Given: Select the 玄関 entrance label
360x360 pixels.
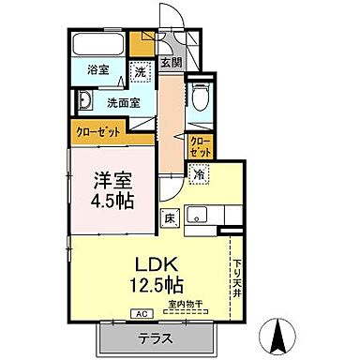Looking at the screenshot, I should click(x=170, y=64).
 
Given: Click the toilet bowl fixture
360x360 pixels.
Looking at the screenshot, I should click(x=201, y=97).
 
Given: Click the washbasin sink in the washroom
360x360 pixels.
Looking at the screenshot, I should click(x=83, y=101).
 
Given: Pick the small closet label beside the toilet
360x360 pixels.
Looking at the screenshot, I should click(x=200, y=146).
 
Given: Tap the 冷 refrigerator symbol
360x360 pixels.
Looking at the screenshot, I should click(x=200, y=173).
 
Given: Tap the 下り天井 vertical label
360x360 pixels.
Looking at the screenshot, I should click(x=237, y=277).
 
